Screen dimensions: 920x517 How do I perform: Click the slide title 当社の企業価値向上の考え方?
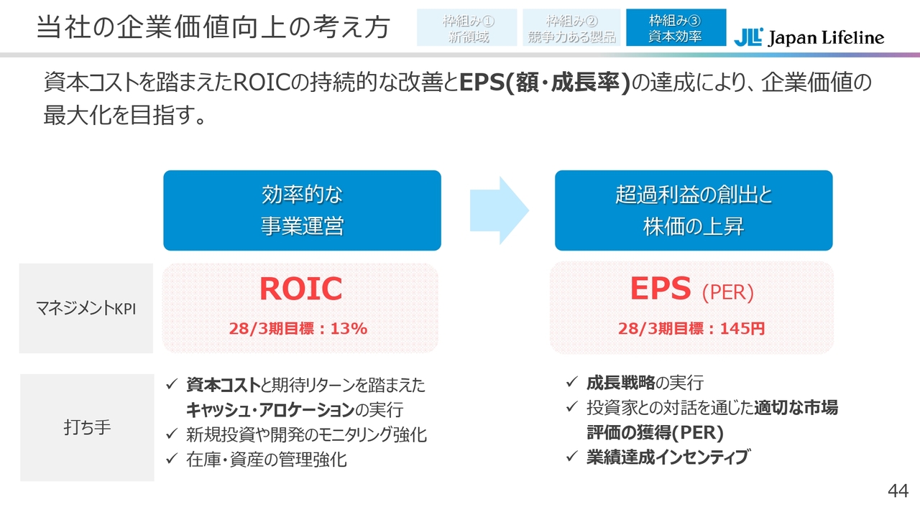tap(213, 27)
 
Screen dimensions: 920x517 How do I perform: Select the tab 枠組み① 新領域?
tap(467, 27)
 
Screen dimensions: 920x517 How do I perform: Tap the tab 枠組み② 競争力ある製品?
tap(571, 27)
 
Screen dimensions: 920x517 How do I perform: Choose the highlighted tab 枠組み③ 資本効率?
tap(676, 27)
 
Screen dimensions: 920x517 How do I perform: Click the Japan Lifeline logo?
tap(809, 37)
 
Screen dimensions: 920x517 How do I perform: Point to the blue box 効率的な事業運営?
tap(303, 210)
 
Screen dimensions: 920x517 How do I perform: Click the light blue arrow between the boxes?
tap(499, 210)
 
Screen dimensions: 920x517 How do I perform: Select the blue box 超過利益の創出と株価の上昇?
tap(694, 210)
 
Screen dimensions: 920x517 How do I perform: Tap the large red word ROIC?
tap(300, 289)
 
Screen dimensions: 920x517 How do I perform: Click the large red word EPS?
tap(661, 289)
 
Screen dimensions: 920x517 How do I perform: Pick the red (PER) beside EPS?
tap(728, 292)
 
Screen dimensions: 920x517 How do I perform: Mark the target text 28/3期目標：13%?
tap(298, 329)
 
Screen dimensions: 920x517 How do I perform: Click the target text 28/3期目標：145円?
tap(691, 329)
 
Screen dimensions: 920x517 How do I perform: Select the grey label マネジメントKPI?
tap(86, 309)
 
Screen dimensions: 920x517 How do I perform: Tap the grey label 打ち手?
tap(87, 427)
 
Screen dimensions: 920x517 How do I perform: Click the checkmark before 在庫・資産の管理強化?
tap(172, 458)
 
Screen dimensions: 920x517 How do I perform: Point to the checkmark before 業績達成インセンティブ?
tap(572, 456)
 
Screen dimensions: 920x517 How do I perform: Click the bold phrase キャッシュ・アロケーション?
tap(270, 410)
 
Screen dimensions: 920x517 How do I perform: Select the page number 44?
tap(898, 490)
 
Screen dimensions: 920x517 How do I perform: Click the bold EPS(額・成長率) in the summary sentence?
tap(545, 83)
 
